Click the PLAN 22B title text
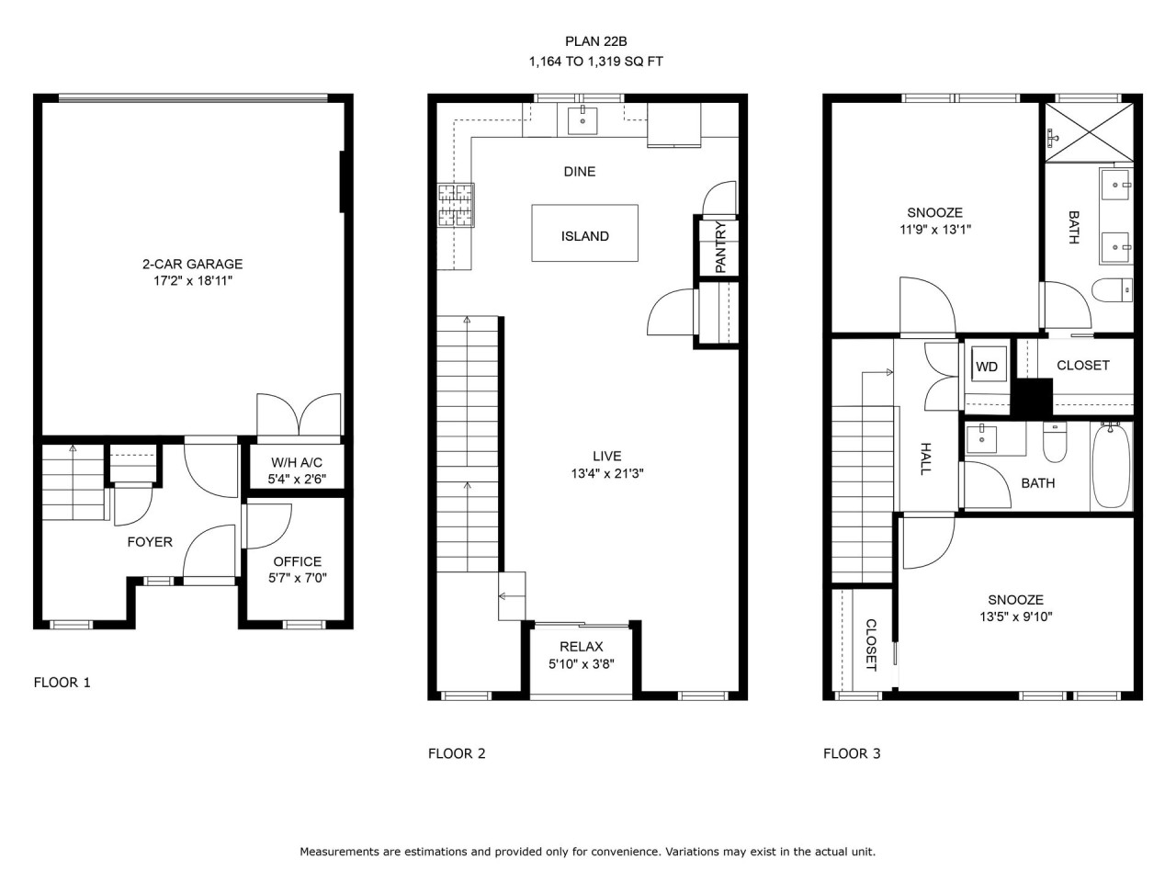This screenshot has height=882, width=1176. [595, 41]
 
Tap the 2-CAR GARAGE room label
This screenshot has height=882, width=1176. [192, 264]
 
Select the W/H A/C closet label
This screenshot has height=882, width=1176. [297, 462]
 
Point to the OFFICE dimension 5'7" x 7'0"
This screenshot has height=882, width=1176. [298, 578]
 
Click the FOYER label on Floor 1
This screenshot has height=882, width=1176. [150, 542]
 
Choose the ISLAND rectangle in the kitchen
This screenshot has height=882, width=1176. [584, 233]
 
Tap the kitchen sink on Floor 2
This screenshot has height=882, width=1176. [582, 120]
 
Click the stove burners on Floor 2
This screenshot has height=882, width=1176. [456, 205]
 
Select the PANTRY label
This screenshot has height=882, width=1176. [720, 247]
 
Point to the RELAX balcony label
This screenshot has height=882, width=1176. [582, 647]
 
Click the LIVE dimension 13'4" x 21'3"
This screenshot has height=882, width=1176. [607, 473]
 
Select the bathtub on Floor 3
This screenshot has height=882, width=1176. [1112, 466]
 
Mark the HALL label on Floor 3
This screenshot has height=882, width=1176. [925, 458]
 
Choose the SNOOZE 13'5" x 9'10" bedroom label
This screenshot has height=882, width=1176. [1016, 608]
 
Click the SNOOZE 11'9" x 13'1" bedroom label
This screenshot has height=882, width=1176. [935, 220]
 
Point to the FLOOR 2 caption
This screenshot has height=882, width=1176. [457, 753]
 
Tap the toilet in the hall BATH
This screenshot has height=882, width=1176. [1055, 442]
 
